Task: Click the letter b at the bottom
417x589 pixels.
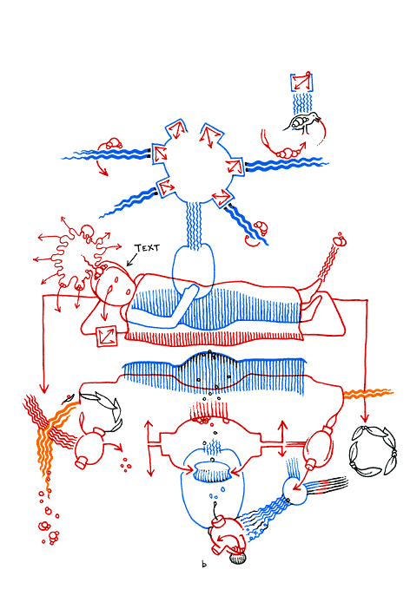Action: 204,566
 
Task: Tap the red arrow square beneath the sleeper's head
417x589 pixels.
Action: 105,336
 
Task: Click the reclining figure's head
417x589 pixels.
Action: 110,283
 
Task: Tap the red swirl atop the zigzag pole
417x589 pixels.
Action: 340,238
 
